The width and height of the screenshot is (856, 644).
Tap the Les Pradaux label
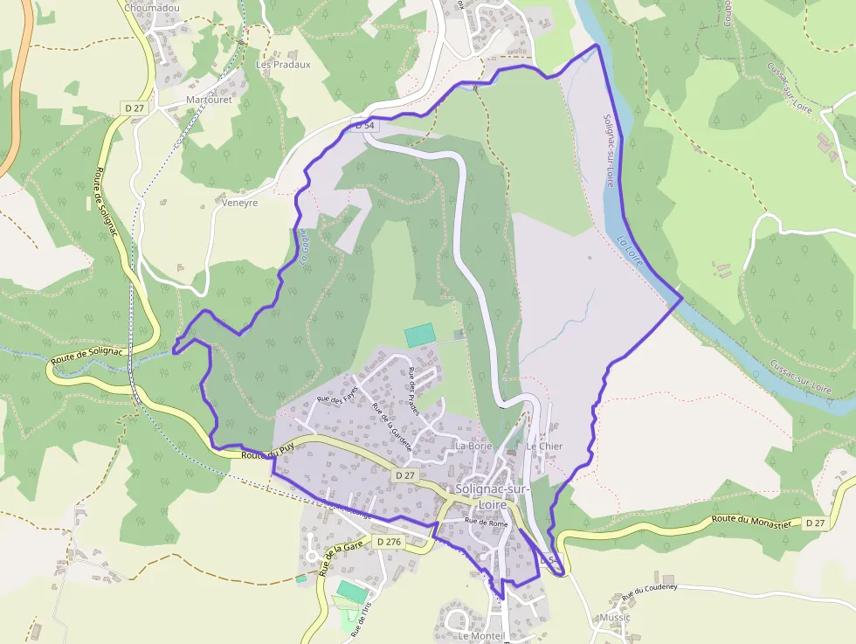tap(283, 65)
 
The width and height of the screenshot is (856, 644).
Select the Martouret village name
tap(209, 100)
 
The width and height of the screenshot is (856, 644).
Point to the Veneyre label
tap(239, 202)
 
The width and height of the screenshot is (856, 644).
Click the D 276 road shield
tap(389, 542)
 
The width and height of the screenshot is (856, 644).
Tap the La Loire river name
tap(630, 252)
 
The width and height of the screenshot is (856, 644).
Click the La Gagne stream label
tap(304, 246)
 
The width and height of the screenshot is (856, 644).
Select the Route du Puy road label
tap(266, 454)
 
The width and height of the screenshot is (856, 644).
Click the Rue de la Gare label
tap(341, 557)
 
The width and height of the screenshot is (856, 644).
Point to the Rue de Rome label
tap(487, 523)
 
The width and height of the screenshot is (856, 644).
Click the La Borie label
tap(474, 446)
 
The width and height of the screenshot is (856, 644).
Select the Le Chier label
tap(544, 446)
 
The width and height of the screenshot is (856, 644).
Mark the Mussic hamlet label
tap(615, 617)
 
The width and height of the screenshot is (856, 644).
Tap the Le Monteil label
tap(481, 636)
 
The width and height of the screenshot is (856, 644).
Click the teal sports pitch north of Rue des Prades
tap(419, 335)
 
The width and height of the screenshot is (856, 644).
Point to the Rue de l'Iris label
tap(358, 618)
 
